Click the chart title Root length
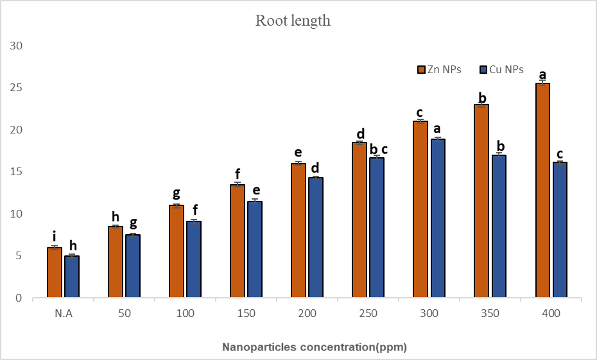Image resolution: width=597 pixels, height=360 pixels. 293,21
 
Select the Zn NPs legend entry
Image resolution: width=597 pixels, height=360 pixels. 439,69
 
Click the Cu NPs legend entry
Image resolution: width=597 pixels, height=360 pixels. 501,69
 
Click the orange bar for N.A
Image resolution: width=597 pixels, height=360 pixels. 55,273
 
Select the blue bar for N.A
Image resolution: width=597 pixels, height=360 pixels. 71,277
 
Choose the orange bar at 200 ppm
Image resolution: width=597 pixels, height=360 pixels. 298,230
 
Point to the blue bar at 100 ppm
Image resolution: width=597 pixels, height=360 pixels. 193,259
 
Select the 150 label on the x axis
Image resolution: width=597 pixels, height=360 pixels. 246,313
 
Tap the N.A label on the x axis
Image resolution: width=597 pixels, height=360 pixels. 62,313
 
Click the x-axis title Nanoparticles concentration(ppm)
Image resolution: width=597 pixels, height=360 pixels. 315,347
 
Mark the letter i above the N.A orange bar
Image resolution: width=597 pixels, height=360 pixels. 54,238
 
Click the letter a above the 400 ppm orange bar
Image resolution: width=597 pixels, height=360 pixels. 542,74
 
